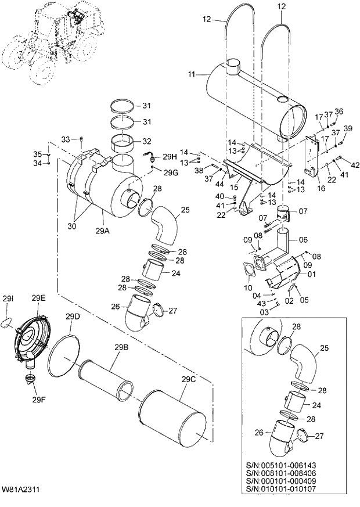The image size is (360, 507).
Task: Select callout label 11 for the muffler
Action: (x=192, y=74)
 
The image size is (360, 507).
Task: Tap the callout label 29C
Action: (x=188, y=380)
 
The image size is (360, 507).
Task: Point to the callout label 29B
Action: (x=121, y=347)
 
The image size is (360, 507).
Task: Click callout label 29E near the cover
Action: (x=39, y=298)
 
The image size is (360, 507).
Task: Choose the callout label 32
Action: (x=146, y=141)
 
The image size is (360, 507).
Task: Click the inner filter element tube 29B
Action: (x=107, y=381)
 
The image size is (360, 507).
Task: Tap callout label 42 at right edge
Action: (x=356, y=165)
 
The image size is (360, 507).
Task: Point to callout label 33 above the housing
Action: (x=65, y=139)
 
